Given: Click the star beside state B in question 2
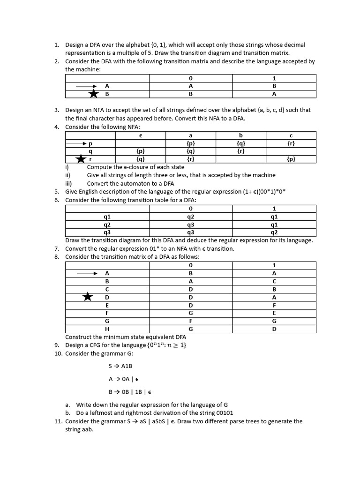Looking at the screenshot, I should coord(94,94).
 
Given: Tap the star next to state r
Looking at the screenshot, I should coord(82,159).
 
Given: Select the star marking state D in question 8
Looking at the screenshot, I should coord(88,297).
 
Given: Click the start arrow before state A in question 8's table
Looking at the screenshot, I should coord(87,273).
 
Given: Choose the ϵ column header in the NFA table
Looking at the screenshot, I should coord(140,135).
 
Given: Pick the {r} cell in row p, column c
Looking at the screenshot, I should coord(291,143).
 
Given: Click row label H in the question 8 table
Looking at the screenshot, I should coord(107,329).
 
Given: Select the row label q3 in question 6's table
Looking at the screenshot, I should coord(107,232).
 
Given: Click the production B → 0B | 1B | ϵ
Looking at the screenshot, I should coord(130,391).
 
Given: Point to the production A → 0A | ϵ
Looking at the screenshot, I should coord(124,379).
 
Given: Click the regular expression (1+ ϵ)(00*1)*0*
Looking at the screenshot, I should coord(253,191).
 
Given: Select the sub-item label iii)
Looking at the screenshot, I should coord(69,183).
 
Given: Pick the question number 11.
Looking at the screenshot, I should coord(58,421).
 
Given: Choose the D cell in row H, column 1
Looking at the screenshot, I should coord(274,329).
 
